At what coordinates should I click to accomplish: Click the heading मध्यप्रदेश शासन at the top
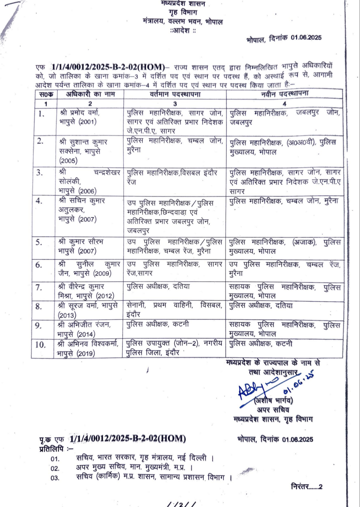183,4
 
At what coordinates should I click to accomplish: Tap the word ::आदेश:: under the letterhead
183,31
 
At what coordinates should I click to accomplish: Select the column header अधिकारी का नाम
90,94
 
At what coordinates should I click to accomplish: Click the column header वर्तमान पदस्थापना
175,94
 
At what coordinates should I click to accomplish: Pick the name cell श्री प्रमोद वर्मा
79,112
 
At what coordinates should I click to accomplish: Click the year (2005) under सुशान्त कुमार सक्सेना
68,161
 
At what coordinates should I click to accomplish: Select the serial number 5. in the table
39,242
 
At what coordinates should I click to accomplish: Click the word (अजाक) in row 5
304,242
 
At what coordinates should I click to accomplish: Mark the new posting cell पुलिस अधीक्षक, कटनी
260,344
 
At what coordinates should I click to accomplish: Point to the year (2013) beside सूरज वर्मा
67,315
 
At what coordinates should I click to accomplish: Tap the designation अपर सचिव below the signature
273,410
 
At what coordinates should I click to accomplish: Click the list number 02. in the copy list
55,469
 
